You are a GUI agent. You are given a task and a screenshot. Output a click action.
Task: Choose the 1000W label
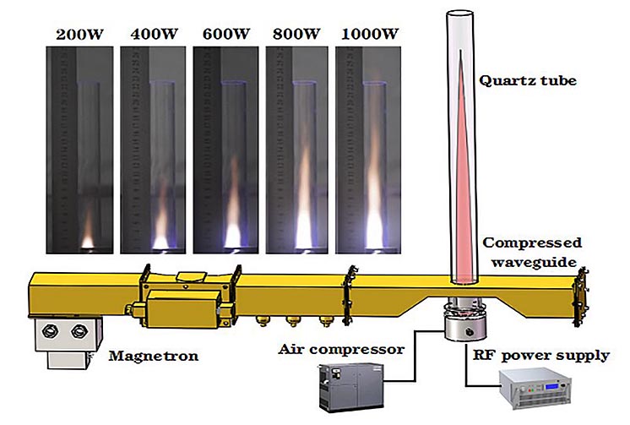click(x=369, y=35)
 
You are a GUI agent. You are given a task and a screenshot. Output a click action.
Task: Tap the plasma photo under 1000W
click(x=369, y=148)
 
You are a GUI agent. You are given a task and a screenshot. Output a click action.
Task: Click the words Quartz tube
click(x=517, y=82)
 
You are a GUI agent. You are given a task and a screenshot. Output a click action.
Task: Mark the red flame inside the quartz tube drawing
click(x=460, y=169)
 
